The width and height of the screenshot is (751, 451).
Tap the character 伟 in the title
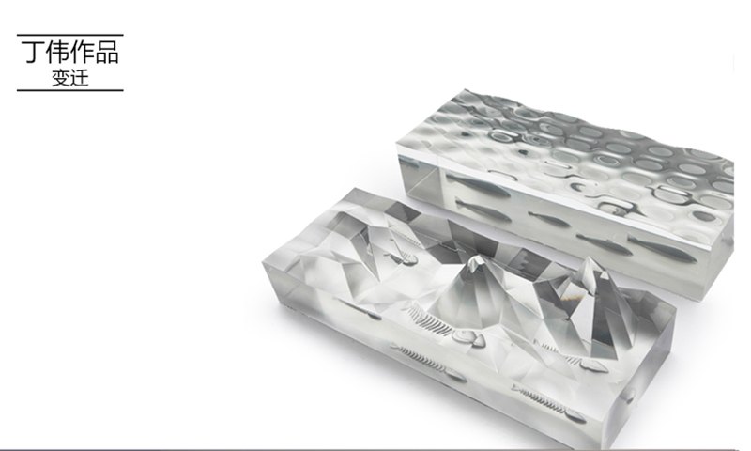point(57,53)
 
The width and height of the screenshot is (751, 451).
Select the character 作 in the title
point(82,53)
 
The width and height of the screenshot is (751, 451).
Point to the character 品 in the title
point(107,53)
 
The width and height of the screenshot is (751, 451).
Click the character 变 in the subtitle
point(61,78)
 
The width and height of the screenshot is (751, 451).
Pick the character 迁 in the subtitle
point(80,78)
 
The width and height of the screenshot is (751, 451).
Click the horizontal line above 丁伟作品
point(69,35)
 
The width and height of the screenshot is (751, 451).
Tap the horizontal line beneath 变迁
point(69,90)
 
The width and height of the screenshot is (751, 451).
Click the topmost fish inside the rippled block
point(478,186)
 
